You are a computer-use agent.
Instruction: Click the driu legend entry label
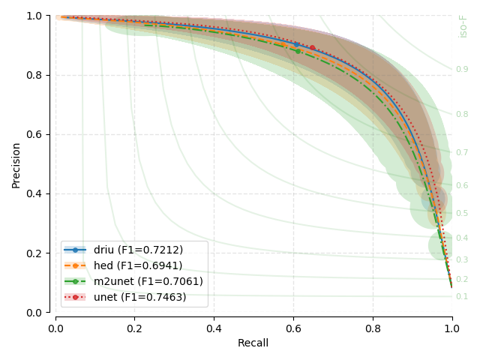pyautogui.click(x=138, y=250)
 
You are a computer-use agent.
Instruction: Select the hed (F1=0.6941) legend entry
pyautogui.click(x=138, y=265)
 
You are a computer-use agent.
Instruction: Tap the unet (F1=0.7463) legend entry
pyautogui.click(x=139, y=298)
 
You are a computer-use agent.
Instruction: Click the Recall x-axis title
pyautogui.click(x=253, y=343)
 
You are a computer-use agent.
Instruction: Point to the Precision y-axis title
pyautogui.click(x=16, y=163)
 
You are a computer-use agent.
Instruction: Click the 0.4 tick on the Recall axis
pyautogui.click(x=214, y=327)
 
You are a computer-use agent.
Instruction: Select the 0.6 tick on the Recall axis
pyautogui.click(x=293, y=327)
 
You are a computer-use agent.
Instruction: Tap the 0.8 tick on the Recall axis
pyautogui.click(x=373, y=327)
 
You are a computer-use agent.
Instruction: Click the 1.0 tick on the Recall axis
pyautogui.click(x=451, y=327)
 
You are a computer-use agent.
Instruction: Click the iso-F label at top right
pyautogui.click(x=463, y=25)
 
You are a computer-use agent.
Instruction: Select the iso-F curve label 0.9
pyautogui.click(x=462, y=70)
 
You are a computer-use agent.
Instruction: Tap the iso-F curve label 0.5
pyautogui.click(x=462, y=214)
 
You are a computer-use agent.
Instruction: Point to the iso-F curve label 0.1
pyautogui.click(x=462, y=297)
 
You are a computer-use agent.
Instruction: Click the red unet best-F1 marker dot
pyautogui.click(x=313, y=47)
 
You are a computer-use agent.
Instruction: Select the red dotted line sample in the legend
pyautogui.click(x=75, y=298)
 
